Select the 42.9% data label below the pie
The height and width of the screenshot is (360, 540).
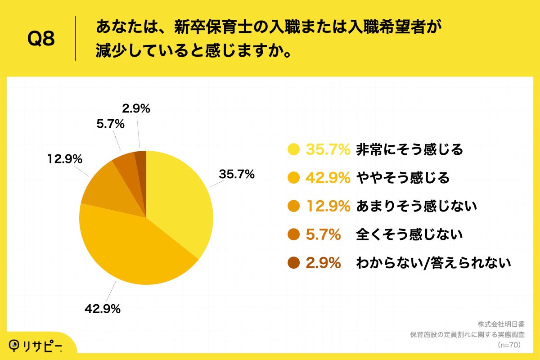point(103,309)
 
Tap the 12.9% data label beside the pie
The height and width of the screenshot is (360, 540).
point(64,159)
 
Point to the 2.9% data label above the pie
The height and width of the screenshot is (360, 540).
point(136,108)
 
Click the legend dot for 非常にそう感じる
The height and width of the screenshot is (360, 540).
point(293,150)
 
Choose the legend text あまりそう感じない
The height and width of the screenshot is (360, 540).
point(416,207)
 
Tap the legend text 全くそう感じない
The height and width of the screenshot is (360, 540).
point(409,234)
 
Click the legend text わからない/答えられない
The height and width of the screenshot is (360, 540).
point(433,263)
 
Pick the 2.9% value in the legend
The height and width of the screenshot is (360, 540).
point(323,263)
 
